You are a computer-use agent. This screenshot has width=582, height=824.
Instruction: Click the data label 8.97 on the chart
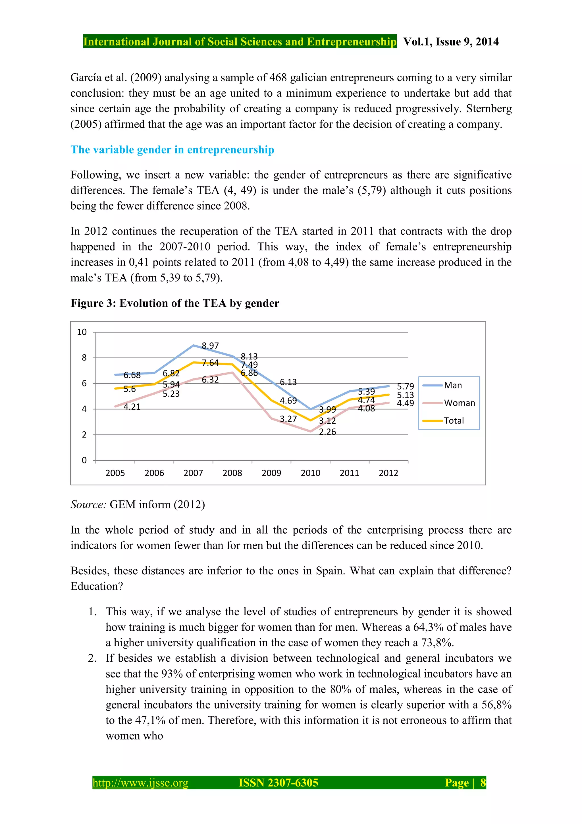click(x=210, y=345)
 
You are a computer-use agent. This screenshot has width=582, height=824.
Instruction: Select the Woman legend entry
click(x=459, y=403)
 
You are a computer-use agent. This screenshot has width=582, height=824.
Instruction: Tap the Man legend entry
click(x=452, y=386)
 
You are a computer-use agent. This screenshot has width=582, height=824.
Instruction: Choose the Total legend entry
click(x=454, y=421)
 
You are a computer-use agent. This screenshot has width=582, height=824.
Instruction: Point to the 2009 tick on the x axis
click(x=271, y=473)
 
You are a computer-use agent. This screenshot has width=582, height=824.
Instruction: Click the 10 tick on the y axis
click(x=82, y=332)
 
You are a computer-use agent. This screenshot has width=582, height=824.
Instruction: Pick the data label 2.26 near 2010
click(x=327, y=432)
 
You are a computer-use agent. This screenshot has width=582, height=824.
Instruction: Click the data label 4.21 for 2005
click(x=132, y=407)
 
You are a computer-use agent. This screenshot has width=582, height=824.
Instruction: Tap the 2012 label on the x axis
click(x=388, y=473)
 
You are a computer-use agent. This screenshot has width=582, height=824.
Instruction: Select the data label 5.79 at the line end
click(x=405, y=386)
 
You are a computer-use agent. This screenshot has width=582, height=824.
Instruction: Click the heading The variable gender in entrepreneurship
click(x=172, y=150)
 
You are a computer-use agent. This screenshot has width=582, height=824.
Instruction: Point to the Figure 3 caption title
click(x=175, y=303)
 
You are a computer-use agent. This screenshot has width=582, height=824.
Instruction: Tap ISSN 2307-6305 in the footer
click(x=278, y=783)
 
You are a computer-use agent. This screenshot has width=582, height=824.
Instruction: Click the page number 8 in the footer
click(x=483, y=783)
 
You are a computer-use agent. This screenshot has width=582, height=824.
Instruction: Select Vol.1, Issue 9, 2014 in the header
click(x=451, y=42)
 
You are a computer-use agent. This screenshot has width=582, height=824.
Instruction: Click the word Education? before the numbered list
click(x=97, y=586)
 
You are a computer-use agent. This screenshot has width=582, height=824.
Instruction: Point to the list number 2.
click(x=92, y=658)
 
